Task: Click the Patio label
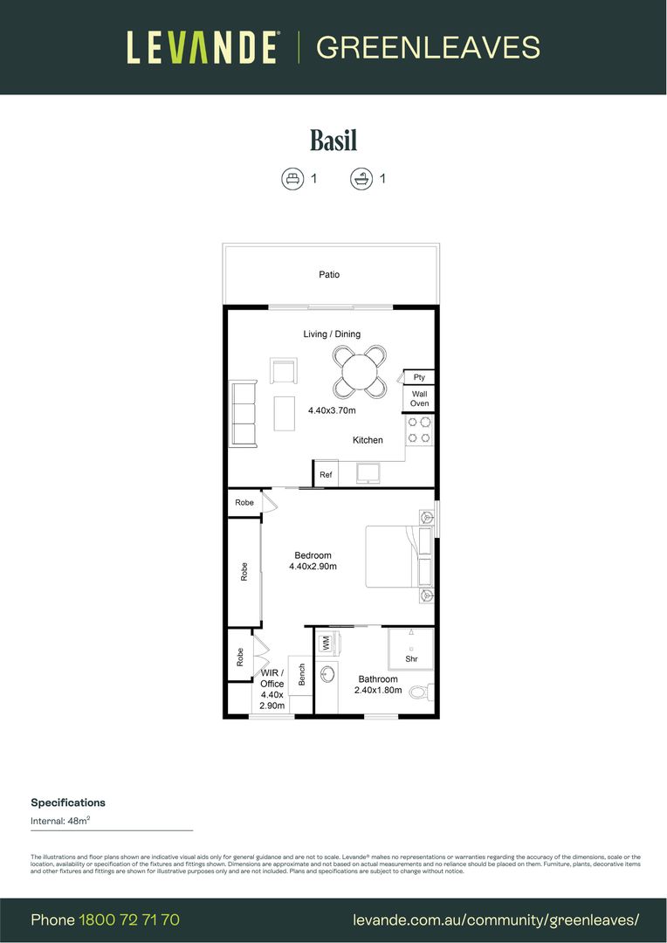[329, 275]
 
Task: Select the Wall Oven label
[420, 399]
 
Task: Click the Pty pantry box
[419, 377]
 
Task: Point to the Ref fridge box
[326, 474]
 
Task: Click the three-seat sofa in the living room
[243, 414]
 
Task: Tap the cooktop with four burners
[419, 430]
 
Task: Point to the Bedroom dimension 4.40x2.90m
[313, 567]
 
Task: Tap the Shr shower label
[410, 659]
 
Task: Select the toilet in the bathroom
[419, 692]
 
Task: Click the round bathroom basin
[328, 675]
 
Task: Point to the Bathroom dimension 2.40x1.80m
[378, 690]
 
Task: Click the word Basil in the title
[333, 140]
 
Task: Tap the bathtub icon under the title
[359, 179]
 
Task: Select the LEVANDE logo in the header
[203, 47]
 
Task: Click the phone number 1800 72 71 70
[129, 920]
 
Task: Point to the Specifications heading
[68, 802]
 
